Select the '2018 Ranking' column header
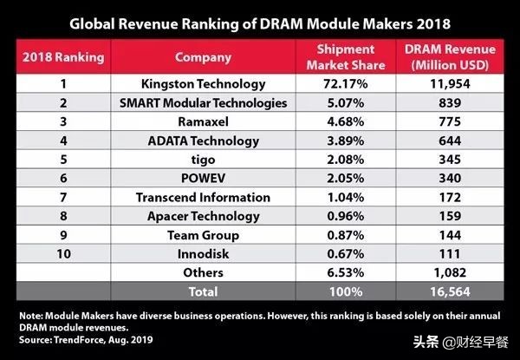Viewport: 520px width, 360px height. pyautogui.click(x=62, y=57)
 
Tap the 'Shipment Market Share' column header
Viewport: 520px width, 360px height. pyautogui.click(x=346, y=57)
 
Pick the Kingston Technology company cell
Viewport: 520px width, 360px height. pyautogui.click(x=204, y=84)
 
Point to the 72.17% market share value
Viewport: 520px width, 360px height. pyautogui.click(x=346, y=84)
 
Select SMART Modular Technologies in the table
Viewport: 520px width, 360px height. pyautogui.click(x=204, y=104)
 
